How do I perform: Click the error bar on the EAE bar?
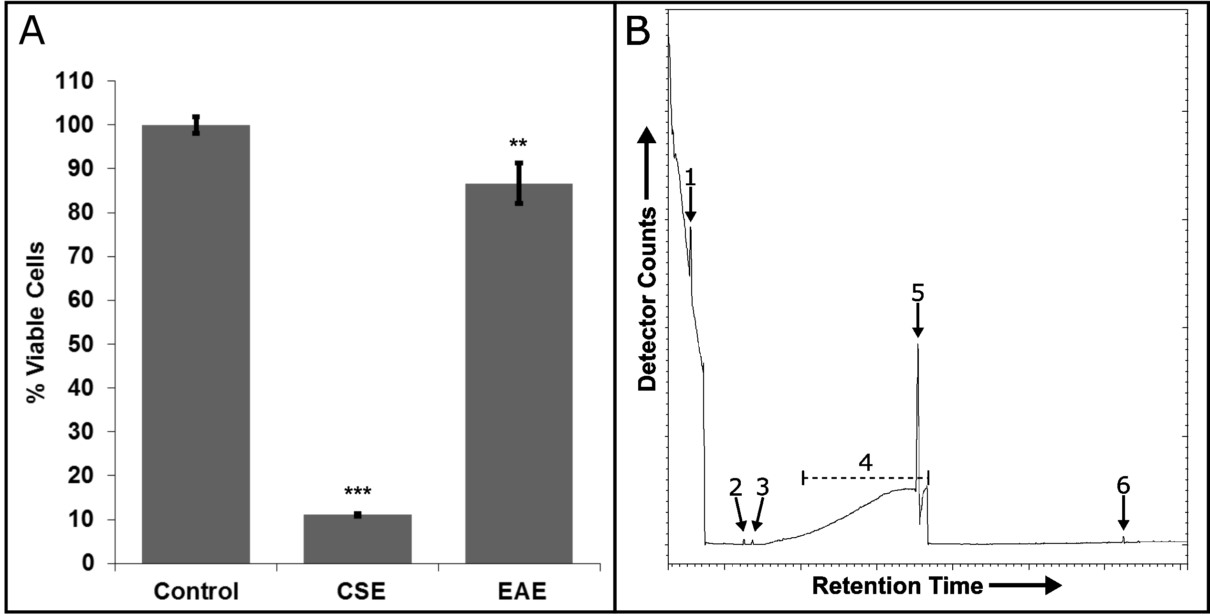(519, 183)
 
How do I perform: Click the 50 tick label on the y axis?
(81, 344)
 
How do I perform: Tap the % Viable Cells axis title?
(36, 323)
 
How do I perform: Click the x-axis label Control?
(196, 592)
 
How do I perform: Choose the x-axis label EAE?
(522, 592)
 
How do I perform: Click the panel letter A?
(32, 32)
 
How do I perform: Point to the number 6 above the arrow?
(1123, 487)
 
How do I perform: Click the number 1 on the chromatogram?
(690, 178)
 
